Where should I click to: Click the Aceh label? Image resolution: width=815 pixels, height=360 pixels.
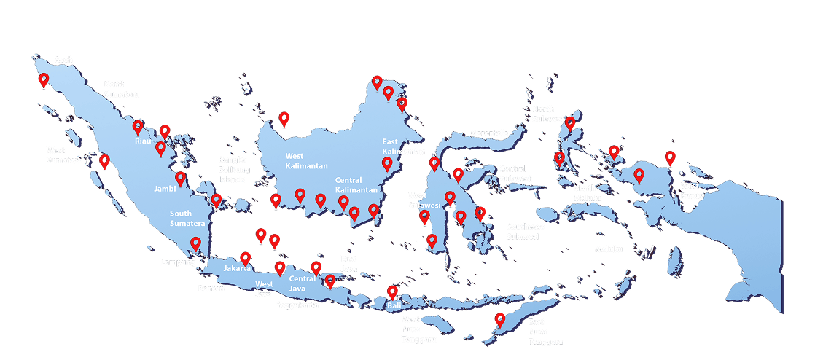click(63, 60)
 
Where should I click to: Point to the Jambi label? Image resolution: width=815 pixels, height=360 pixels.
click(165, 188)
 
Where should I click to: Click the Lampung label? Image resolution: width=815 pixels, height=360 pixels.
click(178, 262)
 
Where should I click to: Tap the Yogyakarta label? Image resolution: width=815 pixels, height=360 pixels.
click(297, 305)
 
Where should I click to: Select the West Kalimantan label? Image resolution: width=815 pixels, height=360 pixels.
click(305, 160)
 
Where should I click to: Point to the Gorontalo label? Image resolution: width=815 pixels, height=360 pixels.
click(489, 133)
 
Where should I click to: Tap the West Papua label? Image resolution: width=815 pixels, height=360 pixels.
click(690, 190)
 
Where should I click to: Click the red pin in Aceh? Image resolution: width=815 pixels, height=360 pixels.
click(44, 79)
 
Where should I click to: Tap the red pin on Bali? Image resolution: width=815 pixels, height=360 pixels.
click(392, 291)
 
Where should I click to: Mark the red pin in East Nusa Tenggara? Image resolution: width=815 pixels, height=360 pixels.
click(499, 319)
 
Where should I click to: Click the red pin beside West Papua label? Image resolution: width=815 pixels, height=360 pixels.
click(669, 157)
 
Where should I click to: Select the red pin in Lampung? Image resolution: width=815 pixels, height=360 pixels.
click(195, 243)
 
